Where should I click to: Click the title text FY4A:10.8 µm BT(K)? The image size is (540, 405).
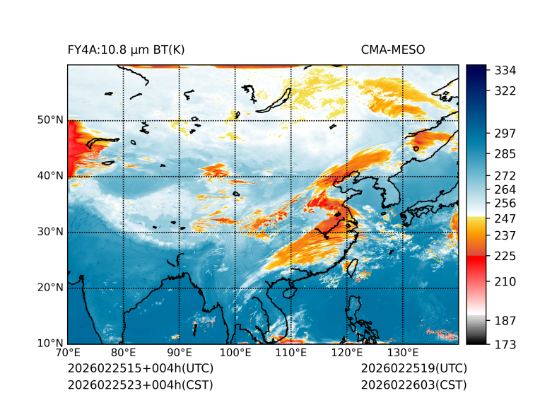tap(126, 50)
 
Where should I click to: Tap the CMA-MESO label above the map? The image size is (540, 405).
tap(393, 50)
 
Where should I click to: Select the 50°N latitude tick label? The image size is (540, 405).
tap(49, 120)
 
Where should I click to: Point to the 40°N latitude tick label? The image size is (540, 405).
tap(49, 176)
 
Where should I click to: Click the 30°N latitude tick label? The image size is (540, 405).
tap(49, 232)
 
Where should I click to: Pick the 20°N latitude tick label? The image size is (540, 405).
tap(49, 288)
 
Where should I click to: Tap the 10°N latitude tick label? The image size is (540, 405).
tap(49, 344)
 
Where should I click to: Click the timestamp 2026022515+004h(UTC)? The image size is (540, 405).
tap(140, 368)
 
